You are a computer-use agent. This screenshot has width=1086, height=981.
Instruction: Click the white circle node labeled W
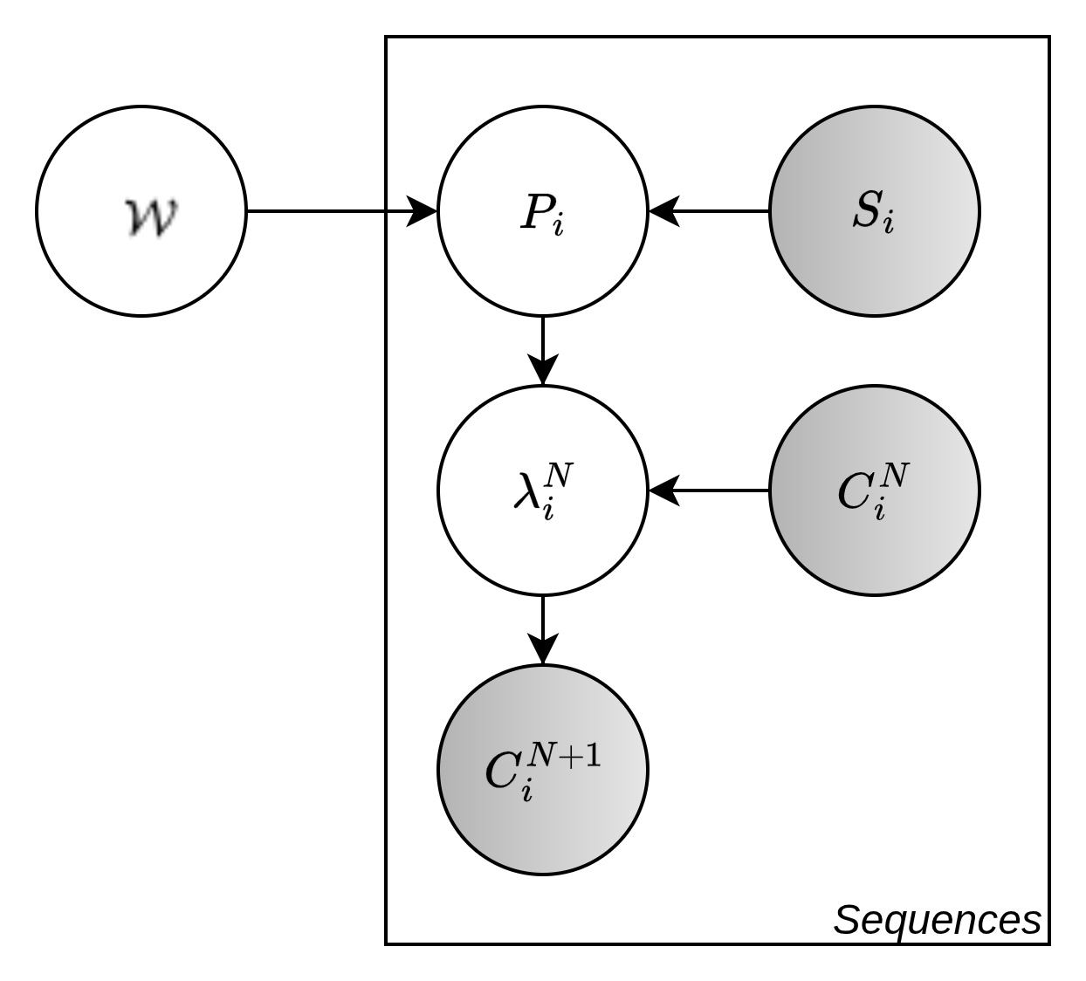[141, 210]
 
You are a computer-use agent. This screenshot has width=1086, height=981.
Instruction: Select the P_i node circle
[543, 210]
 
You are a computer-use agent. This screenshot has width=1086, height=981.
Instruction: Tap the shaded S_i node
[875, 210]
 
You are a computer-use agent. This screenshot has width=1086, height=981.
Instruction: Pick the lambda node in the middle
[543, 490]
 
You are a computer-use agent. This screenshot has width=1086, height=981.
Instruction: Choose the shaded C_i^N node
[875, 490]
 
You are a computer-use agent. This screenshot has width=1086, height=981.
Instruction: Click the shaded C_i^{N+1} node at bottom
[543, 770]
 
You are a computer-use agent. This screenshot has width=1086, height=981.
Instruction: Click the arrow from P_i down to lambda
[543, 349]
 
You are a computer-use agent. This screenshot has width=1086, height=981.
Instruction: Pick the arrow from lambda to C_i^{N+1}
[543, 629]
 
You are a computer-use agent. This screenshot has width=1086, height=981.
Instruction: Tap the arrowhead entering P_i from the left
[423, 210]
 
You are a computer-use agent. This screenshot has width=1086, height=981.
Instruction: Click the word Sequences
[937, 920]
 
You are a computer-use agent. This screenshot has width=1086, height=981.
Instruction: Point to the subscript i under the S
[889, 224]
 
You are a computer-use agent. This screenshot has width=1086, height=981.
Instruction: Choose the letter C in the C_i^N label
[853, 494]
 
